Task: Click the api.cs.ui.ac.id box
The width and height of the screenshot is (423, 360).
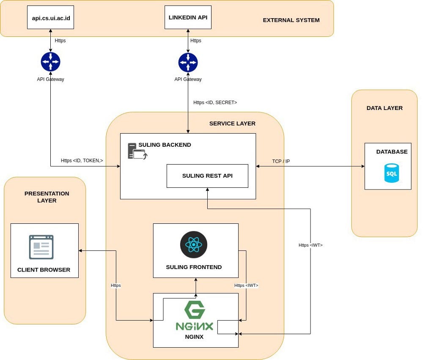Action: point(50,17)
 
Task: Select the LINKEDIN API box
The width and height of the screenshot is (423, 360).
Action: point(187,17)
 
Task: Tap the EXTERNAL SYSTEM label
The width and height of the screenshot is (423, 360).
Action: point(291,20)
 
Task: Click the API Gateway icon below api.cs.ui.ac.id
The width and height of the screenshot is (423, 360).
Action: point(50,62)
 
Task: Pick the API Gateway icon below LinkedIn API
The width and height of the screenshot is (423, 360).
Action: point(188,62)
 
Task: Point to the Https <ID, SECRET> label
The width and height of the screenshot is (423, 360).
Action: point(215,102)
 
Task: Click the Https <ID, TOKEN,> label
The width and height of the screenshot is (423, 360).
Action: point(82,160)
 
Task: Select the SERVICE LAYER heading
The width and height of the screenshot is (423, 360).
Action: point(232,124)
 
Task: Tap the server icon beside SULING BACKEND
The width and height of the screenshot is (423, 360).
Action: point(136,151)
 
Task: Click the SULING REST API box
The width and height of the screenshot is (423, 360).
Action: point(207,176)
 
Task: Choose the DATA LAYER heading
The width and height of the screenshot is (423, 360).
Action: point(385,108)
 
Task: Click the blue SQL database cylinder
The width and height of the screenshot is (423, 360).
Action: point(391,173)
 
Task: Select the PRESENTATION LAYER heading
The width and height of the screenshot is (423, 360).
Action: point(47,197)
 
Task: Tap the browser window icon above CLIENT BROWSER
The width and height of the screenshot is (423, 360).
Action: point(41,247)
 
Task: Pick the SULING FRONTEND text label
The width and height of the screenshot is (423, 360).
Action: point(194,267)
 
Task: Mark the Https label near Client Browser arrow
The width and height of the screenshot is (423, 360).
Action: point(115,286)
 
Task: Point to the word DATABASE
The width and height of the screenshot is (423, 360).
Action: point(392,151)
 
